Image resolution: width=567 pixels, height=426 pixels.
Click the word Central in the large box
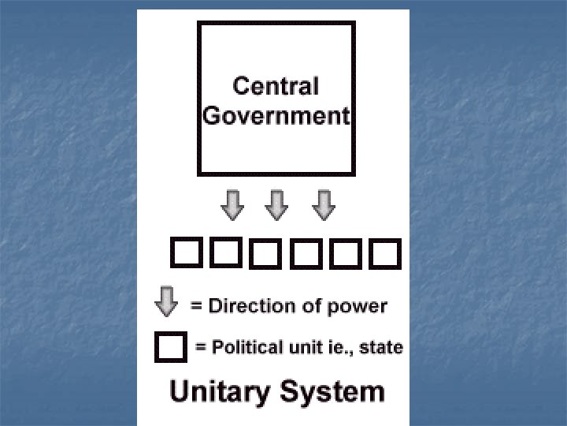pos(275,85)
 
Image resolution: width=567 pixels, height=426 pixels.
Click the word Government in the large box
pos(276,115)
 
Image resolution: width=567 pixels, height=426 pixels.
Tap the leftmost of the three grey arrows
pos(232,205)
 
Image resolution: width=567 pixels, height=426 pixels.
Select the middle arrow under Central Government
pos(276,205)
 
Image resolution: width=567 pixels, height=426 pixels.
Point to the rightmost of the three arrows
pos(324,205)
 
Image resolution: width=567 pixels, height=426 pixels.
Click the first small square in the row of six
pos(186,253)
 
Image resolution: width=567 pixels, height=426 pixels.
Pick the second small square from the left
pos(224,253)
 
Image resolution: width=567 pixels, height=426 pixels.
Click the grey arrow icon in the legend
pos(166,303)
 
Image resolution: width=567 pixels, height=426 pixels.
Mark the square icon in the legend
pos(171,347)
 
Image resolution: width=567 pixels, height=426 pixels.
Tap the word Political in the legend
pos(245,347)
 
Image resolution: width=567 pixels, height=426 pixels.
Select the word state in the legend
pos(382,347)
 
